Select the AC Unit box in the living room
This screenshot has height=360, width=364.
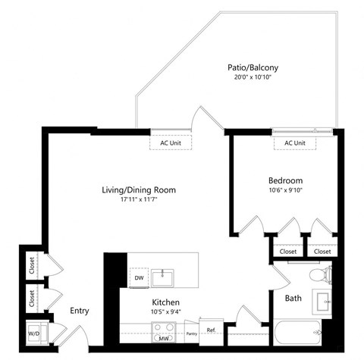171,142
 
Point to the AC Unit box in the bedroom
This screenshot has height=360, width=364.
295,142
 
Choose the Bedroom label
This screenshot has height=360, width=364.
285,180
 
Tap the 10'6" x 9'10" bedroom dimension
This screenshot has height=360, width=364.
285,191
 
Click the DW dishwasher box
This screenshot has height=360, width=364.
139,278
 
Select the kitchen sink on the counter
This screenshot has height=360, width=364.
163,278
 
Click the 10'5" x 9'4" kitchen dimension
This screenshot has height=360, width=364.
164,311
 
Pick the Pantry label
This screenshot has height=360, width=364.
191,333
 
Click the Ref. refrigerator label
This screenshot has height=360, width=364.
211,330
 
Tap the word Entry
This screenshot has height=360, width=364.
80,311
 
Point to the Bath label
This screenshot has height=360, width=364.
293,299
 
